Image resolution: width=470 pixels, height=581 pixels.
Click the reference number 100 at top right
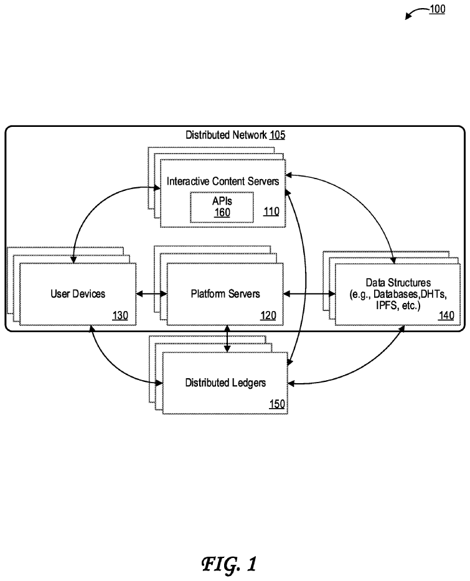tap(437, 9)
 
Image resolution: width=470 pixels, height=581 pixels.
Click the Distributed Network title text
tap(226, 135)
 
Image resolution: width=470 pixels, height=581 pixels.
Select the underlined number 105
tap(277, 135)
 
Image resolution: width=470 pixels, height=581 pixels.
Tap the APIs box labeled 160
tap(222, 207)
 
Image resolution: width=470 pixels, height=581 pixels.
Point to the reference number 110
tap(271, 211)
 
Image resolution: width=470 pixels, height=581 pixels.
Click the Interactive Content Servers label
tap(223, 181)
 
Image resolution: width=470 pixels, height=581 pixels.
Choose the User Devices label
tap(78, 294)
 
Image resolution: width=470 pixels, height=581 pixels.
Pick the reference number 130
tap(120, 316)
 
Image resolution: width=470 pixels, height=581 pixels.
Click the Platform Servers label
tap(225, 294)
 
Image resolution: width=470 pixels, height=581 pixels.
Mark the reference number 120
tap(268, 316)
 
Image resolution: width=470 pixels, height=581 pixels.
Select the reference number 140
tap(446, 316)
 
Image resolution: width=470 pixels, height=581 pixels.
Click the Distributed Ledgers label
tap(225, 383)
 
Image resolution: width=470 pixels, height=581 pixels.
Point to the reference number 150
tap(277, 404)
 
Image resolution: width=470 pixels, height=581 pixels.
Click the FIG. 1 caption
tap(229, 564)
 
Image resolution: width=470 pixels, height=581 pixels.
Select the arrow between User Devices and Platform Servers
tap(151, 294)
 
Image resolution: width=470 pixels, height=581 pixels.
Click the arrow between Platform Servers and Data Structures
tap(309, 294)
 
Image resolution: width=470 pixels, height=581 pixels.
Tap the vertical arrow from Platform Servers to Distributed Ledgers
tap(227, 338)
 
